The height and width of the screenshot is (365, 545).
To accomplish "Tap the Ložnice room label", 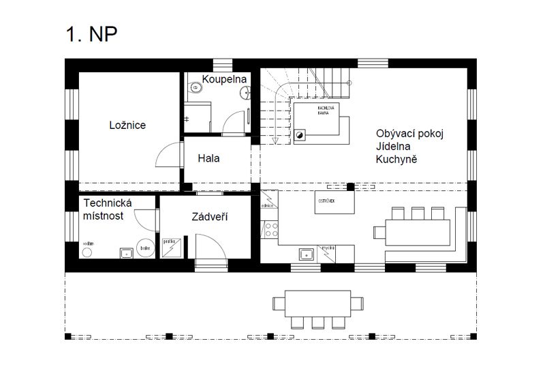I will click(127, 125).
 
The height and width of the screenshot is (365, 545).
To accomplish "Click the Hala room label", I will click(208, 158).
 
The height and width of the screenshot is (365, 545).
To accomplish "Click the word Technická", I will click(107, 203).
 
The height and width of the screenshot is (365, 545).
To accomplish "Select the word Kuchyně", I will click(396, 159).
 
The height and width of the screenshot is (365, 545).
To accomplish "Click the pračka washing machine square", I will click(170, 248).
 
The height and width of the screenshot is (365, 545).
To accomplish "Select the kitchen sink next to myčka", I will click(305, 254).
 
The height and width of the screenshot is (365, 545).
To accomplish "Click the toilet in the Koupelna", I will click(196, 87).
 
